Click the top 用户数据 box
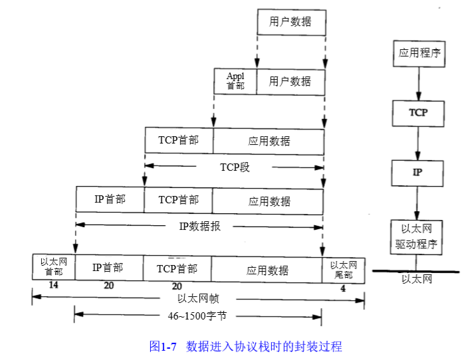tap(291, 22)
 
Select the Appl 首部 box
tap(235, 81)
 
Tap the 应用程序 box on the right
tap(418, 52)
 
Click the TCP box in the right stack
tap(418, 113)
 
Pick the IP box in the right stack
tap(418, 173)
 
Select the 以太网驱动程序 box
tap(418, 236)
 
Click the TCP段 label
tap(235, 167)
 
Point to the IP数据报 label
tap(199, 226)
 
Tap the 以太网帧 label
tap(198, 298)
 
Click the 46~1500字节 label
tap(198, 315)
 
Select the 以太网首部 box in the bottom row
tap(53, 267)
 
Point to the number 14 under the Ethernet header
tap(54, 286)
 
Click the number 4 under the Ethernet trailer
tap(343, 289)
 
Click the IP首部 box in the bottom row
tap(108, 268)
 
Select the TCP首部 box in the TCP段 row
tap(178, 141)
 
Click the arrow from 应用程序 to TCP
tap(418, 83)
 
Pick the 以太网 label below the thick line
tap(417, 280)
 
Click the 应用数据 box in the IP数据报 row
tap(269, 201)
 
